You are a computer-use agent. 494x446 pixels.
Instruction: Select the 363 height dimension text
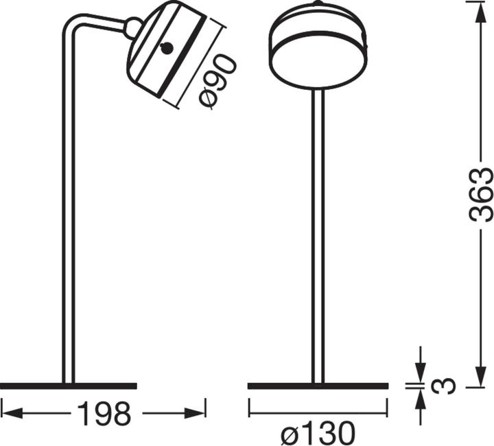(482, 194)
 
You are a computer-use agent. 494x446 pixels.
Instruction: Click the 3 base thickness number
(446, 386)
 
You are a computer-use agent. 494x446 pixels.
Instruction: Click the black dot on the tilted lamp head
(167, 48)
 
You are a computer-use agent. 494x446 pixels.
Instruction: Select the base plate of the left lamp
(69, 386)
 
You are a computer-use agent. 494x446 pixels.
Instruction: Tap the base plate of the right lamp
(318, 386)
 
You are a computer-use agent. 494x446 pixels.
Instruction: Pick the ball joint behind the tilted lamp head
(132, 28)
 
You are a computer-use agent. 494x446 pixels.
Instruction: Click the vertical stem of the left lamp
(68, 206)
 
